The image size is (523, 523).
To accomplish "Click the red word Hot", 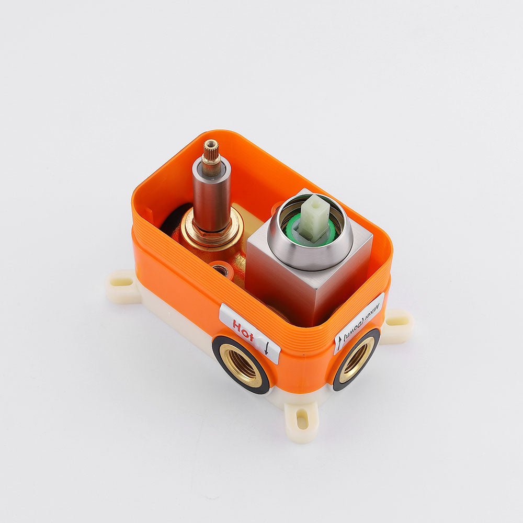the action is [x=243, y=330].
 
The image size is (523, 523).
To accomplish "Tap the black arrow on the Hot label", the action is [x=267, y=347].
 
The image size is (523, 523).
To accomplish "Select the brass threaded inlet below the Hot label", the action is [x=240, y=365].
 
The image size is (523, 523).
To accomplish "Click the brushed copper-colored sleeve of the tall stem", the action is [x=211, y=197].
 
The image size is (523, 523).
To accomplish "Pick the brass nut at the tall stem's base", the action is [x=212, y=230].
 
